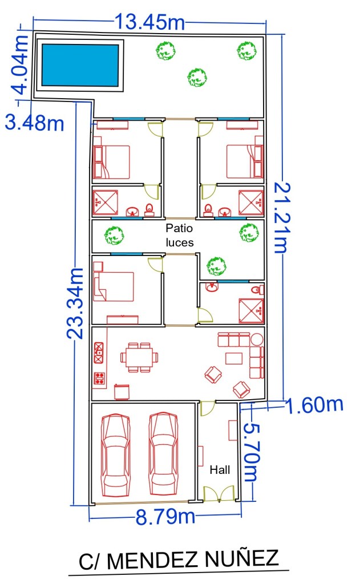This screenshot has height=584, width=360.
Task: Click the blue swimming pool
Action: click(x=80, y=65)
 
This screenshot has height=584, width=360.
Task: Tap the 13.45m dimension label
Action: click(x=149, y=22)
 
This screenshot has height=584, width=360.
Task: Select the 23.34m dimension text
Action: click(x=76, y=303)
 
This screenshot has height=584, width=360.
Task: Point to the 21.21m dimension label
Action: click(x=281, y=218)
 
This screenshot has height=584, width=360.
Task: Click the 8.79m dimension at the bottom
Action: click(x=165, y=517)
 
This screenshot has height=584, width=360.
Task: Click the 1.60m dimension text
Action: click(x=314, y=405)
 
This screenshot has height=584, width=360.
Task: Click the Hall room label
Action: click(x=220, y=470)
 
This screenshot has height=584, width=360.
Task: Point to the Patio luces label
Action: click(x=180, y=235)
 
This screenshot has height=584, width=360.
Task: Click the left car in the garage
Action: click(x=116, y=455)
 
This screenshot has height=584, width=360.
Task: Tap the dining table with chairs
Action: click(x=139, y=358)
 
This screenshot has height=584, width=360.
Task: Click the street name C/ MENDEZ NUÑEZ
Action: click(x=179, y=559)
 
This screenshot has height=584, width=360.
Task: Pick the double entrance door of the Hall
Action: click(x=219, y=493)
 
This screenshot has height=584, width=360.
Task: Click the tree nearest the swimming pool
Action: click(x=165, y=51)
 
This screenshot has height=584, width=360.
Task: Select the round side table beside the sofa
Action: click(x=257, y=340)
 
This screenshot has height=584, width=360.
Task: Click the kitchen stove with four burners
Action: click(x=99, y=379)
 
